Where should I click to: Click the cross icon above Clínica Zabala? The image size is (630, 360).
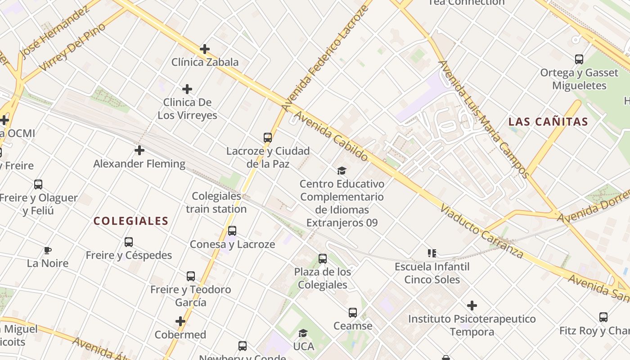(x=205, y=49)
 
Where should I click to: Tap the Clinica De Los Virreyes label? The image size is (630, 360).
(x=187, y=109)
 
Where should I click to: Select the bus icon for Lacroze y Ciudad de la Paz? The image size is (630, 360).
(x=268, y=137)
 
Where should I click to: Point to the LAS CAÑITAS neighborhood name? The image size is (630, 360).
(x=548, y=121)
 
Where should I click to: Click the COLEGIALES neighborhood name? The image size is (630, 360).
(x=131, y=221)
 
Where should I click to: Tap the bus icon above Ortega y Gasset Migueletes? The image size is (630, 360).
(x=579, y=59)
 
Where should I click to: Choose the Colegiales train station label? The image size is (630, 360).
(x=216, y=202)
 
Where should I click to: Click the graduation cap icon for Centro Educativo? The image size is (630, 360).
(x=342, y=171)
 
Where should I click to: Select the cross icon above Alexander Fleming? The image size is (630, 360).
(x=139, y=150)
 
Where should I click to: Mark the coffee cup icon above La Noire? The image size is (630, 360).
(x=48, y=250)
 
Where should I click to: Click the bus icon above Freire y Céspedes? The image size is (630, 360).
(x=129, y=242)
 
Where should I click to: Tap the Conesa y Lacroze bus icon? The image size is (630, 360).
(x=232, y=231)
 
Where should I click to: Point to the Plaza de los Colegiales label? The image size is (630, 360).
(x=323, y=278)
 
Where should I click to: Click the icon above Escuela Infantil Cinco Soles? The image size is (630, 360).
(x=432, y=253)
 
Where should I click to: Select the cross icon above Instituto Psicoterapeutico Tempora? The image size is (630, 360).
(x=472, y=306)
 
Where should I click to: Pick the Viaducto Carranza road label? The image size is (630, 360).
(x=481, y=231)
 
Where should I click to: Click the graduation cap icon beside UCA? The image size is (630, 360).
(x=303, y=333)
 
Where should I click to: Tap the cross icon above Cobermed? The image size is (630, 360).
(x=180, y=321)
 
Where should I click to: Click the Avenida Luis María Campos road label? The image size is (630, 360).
(x=484, y=119)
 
